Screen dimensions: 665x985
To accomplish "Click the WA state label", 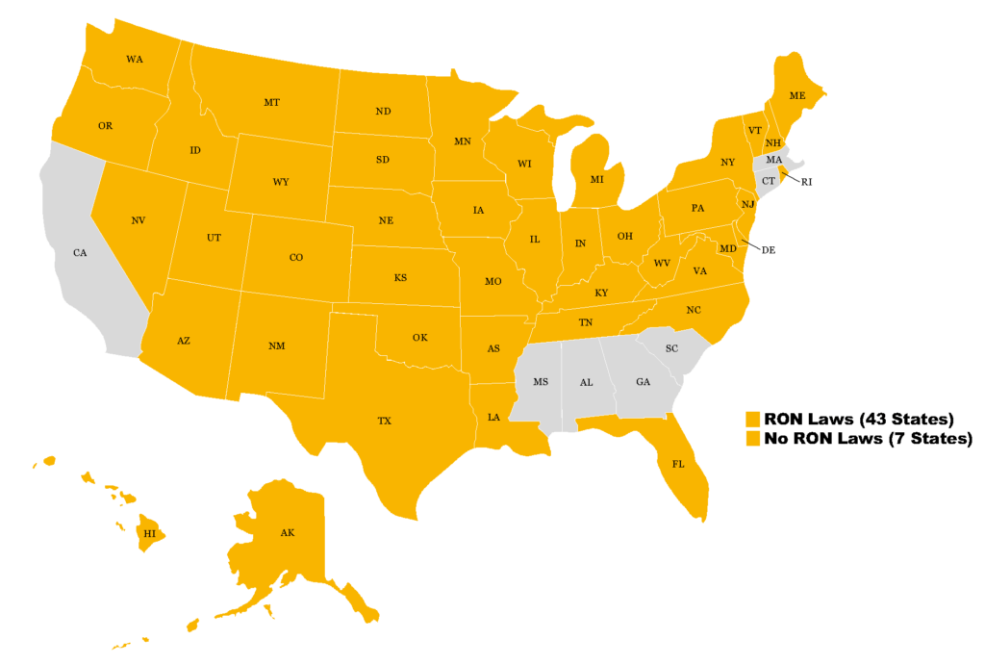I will pyautogui.click(x=135, y=60).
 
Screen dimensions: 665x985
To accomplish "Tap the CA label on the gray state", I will pyautogui.click(x=81, y=253).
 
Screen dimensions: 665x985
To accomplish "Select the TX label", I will pyautogui.click(x=384, y=421).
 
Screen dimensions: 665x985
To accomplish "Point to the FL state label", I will pyautogui.click(x=678, y=463).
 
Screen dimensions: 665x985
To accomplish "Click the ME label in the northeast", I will pyautogui.click(x=797, y=96).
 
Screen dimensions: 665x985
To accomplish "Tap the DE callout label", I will pyautogui.click(x=768, y=249).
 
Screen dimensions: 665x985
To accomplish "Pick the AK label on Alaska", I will pyautogui.click(x=287, y=532).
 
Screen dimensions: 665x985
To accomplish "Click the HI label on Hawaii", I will pyautogui.click(x=149, y=532).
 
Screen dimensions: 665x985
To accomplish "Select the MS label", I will pyautogui.click(x=541, y=382).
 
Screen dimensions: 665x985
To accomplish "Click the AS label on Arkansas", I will pyautogui.click(x=492, y=348).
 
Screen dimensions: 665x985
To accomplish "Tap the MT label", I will pyautogui.click(x=271, y=102).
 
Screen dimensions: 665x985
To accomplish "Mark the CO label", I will pyautogui.click(x=296, y=257).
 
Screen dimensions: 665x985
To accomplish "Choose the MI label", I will pyautogui.click(x=596, y=180).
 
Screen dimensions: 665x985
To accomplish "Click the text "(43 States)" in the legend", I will pyautogui.click(x=902, y=419).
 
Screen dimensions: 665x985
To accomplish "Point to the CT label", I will pyautogui.click(x=769, y=181).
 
